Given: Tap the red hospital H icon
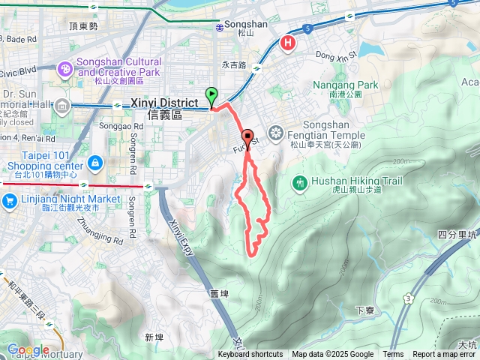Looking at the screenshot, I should [287, 44].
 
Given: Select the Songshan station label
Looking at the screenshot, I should [247, 25].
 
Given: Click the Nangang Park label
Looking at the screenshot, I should [346, 85].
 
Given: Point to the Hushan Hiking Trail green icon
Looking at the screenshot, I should [301, 182].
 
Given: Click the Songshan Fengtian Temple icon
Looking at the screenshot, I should [276, 133].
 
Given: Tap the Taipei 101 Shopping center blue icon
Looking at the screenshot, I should [95, 162].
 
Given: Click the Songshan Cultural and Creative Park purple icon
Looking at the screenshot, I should [66, 69].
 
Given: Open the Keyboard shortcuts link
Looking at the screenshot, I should [250, 355].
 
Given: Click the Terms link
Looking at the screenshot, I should [393, 355].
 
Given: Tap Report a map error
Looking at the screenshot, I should [444, 355].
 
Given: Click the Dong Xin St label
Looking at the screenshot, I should [334, 54].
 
